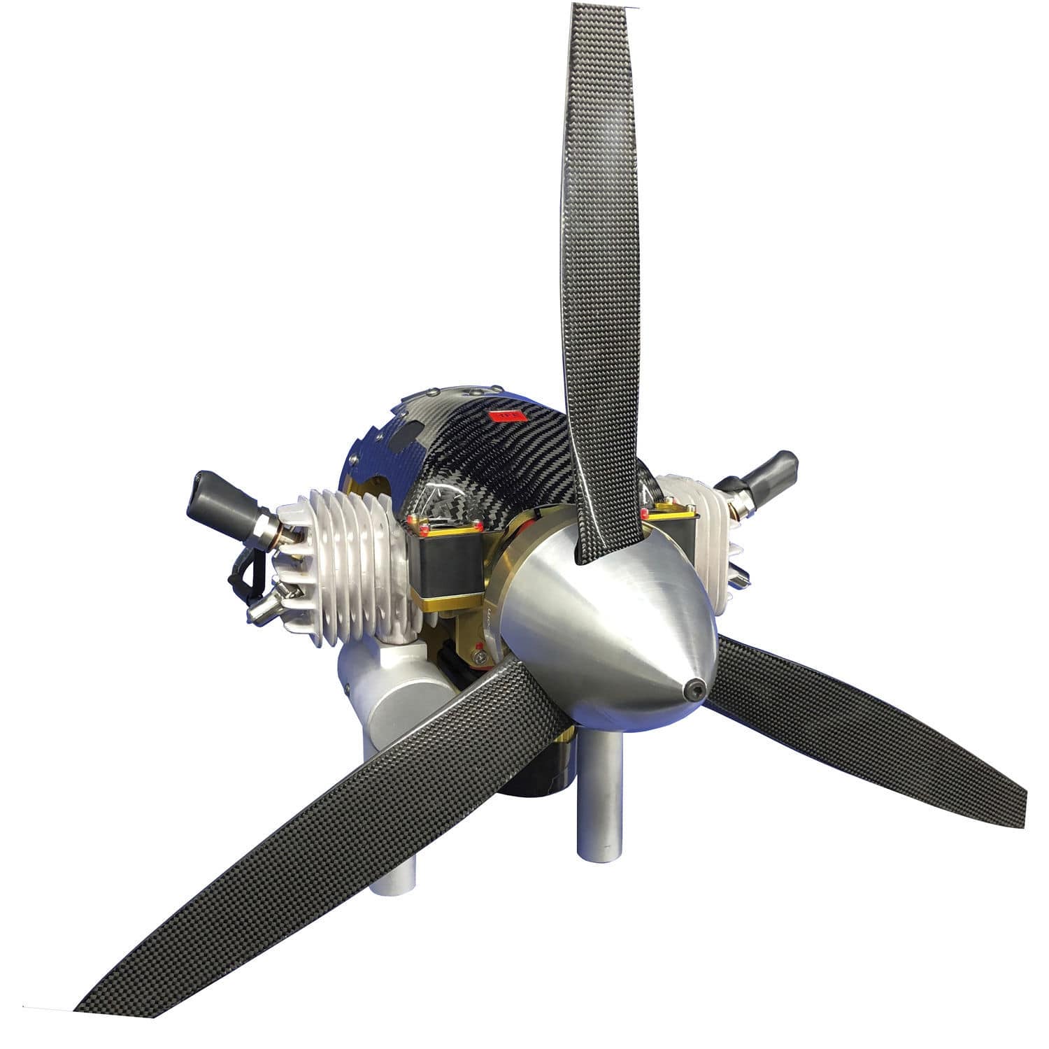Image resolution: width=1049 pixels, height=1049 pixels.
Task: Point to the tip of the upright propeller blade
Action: (x=603, y=10)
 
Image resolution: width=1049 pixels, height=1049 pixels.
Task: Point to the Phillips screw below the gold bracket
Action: (x=481, y=657)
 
